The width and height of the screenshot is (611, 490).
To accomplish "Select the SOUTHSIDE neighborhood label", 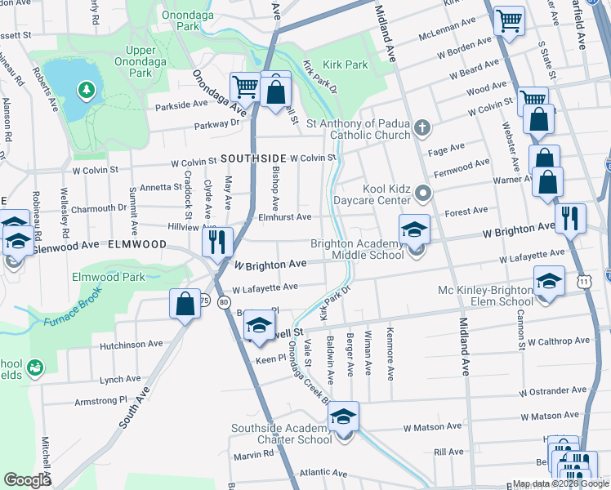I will point(252,158).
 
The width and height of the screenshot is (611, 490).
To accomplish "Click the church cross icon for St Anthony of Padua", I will point(421,127).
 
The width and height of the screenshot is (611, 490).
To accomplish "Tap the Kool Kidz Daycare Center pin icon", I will point(421,194).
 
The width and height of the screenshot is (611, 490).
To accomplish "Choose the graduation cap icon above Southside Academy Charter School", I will point(344,416).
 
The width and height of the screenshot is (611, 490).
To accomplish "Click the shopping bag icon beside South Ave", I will point(185,303).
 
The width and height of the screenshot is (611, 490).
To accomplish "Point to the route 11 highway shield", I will point(582,280).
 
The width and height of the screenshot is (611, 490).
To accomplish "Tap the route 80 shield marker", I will point(225,301).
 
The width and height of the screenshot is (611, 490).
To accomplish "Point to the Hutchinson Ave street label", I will point(131,345).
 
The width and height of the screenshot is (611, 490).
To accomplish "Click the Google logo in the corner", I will point(27,480).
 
